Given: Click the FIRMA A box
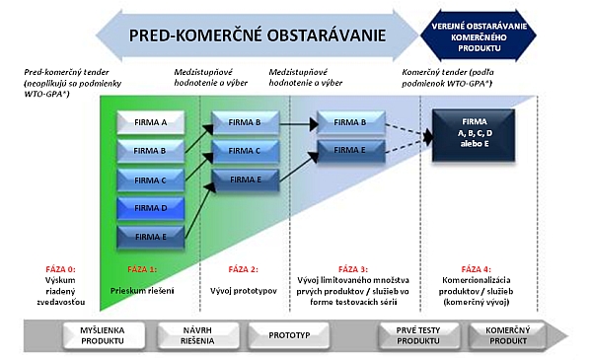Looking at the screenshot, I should (x=151, y=122).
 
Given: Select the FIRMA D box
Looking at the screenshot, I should (x=151, y=208).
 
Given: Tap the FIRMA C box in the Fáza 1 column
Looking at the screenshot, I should (x=151, y=180).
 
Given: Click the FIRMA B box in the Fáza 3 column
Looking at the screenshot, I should (x=349, y=122).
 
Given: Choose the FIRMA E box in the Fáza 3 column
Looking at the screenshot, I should (x=349, y=151).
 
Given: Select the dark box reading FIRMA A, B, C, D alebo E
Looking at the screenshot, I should (x=474, y=131).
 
